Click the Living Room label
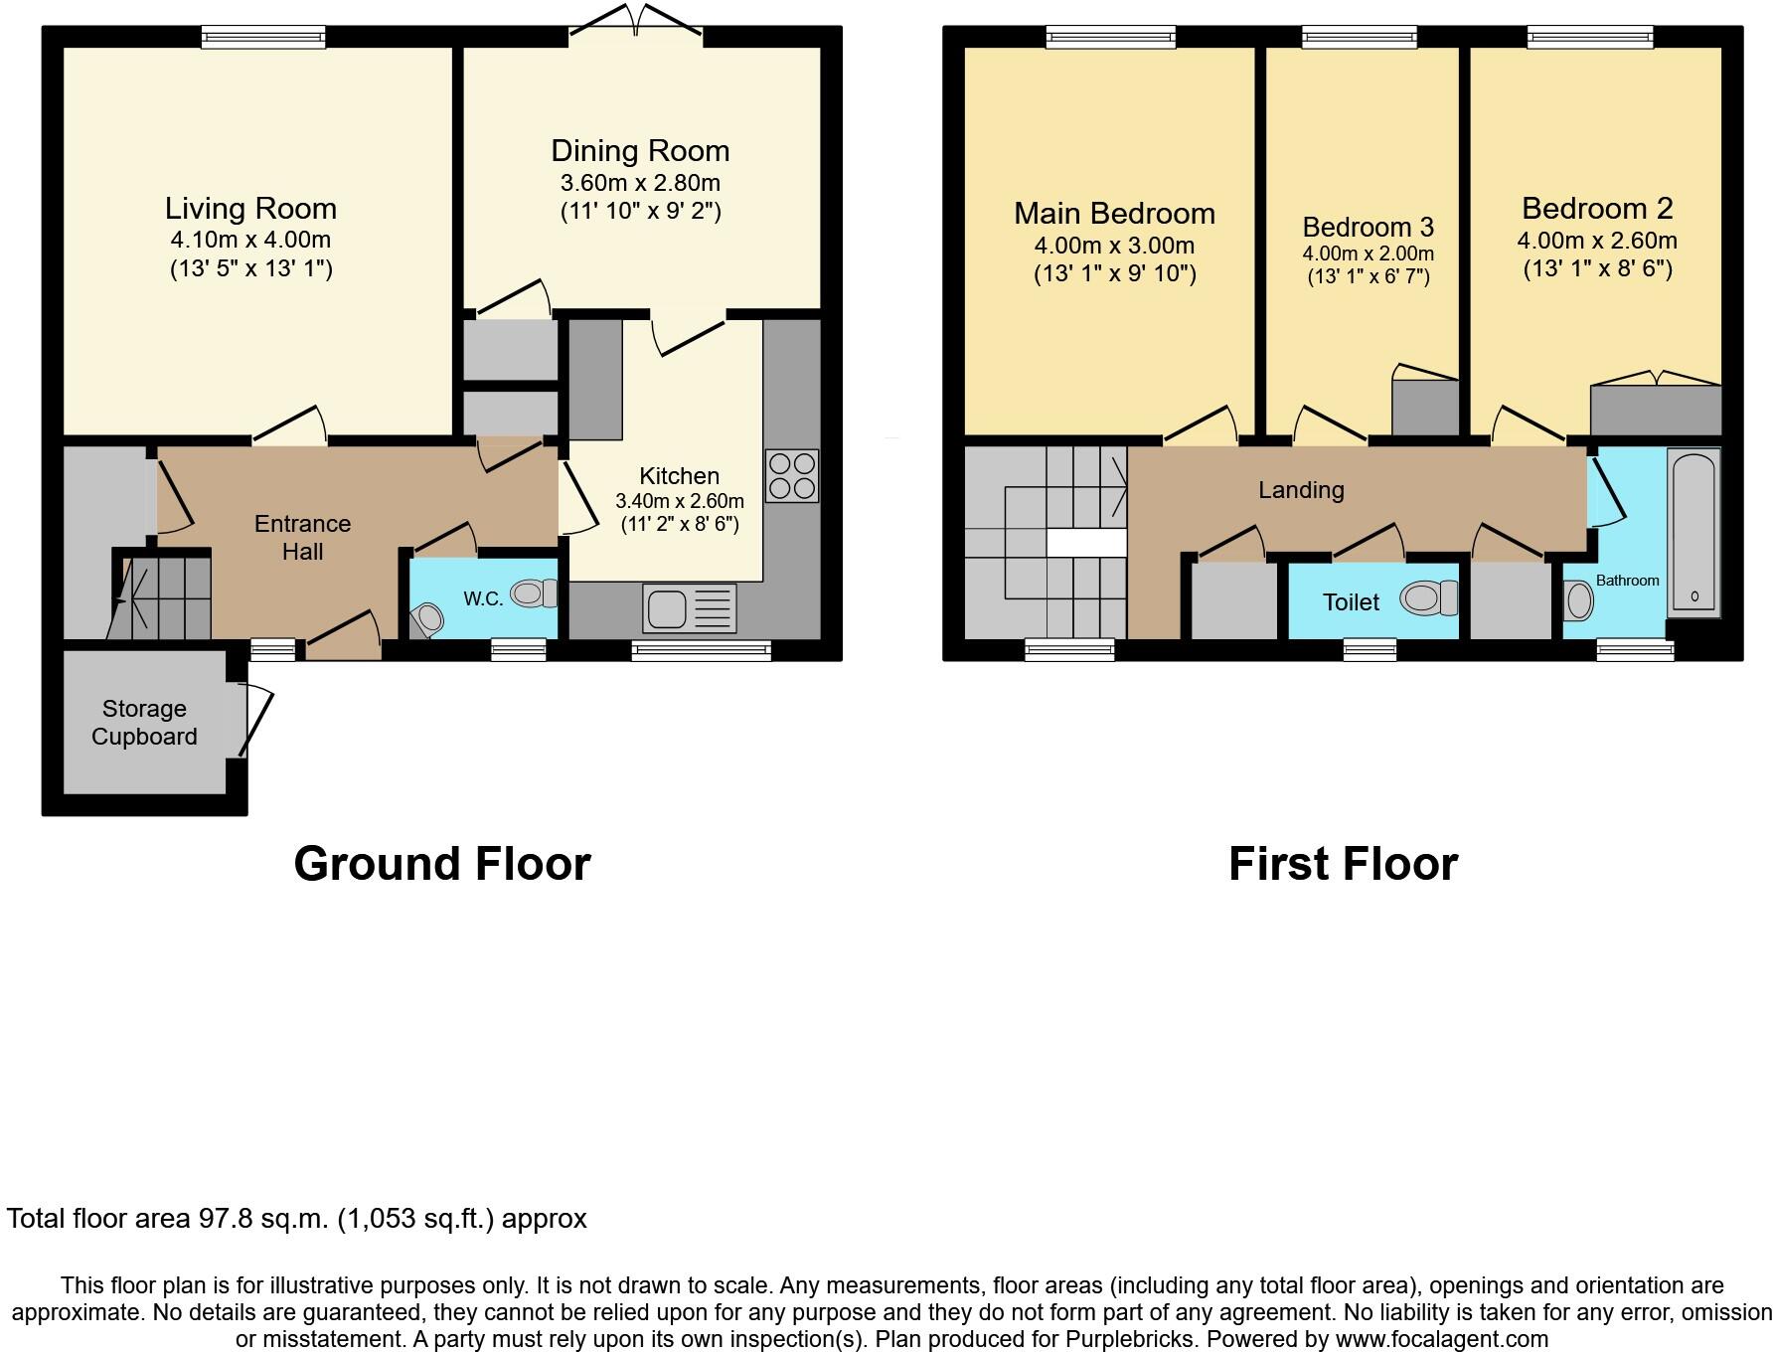(x=250, y=209)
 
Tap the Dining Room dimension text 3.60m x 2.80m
(x=640, y=183)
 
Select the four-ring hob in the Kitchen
(x=792, y=476)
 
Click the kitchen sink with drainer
(x=689, y=608)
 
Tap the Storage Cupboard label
(x=144, y=723)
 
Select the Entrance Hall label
(x=302, y=538)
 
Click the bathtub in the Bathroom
(x=1693, y=533)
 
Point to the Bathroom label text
(x=1627, y=581)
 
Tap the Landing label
(x=1301, y=490)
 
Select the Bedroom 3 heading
(x=1368, y=227)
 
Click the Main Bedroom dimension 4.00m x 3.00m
(x=1114, y=246)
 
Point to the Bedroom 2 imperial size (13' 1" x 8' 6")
(x=1597, y=268)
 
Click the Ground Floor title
(x=442, y=863)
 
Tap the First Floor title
(x=1343, y=863)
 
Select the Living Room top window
(x=263, y=38)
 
